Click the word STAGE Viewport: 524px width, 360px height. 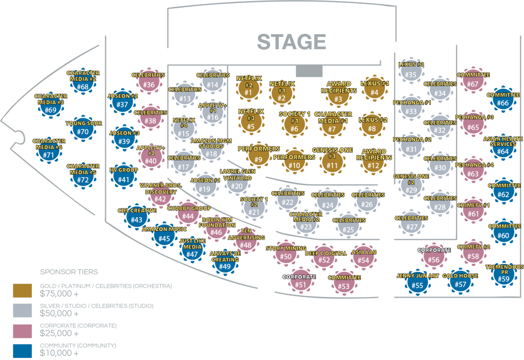coord(291,42)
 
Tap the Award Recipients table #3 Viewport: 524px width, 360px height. coord(338,96)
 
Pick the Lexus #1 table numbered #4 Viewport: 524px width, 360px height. coord(374,90)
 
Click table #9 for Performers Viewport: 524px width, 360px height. coord(258,157)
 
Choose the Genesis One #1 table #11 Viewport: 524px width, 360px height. coord(332,162)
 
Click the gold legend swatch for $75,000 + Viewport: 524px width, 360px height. coord(23,290)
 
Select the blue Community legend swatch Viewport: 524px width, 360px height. coord(23,351)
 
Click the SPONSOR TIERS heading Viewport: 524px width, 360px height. coord(69,272)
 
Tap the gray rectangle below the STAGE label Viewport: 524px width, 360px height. coord(309,71)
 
